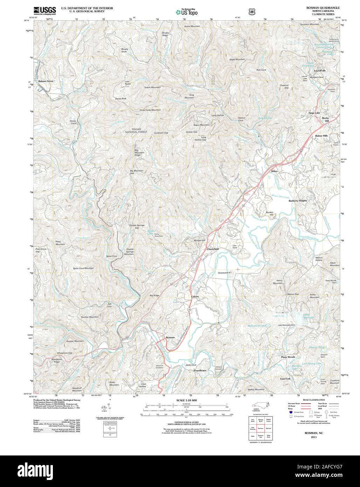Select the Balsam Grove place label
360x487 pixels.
tap(46, 81)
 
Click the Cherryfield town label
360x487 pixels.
tap(213, 249)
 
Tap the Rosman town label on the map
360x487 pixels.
tap(170, 337)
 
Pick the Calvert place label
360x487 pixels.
tap(195, 296)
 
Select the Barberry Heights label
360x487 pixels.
tap(298, 201)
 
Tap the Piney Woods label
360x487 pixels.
tap(288, 357)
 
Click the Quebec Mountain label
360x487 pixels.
tap(75, 341)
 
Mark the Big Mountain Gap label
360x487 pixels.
tap(137, 172)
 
